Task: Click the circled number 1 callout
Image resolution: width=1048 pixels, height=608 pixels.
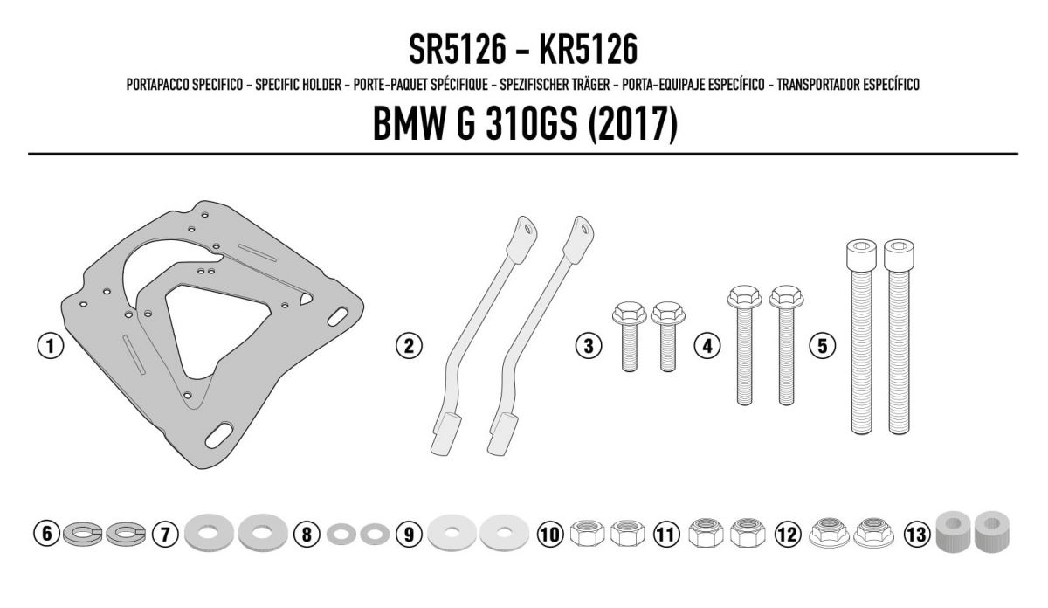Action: (51, 346)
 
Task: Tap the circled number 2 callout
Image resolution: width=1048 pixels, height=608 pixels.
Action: (409, 346)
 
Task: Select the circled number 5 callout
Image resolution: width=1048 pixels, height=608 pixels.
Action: (823, 346)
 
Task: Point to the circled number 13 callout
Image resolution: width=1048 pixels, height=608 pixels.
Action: (916, 534)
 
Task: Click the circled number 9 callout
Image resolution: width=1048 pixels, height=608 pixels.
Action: (409, 534)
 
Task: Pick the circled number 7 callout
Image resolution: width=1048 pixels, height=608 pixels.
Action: (165, 534)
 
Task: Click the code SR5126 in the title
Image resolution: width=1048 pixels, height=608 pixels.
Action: (458, 50)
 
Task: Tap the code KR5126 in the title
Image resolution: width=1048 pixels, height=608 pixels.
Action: (589, 50)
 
